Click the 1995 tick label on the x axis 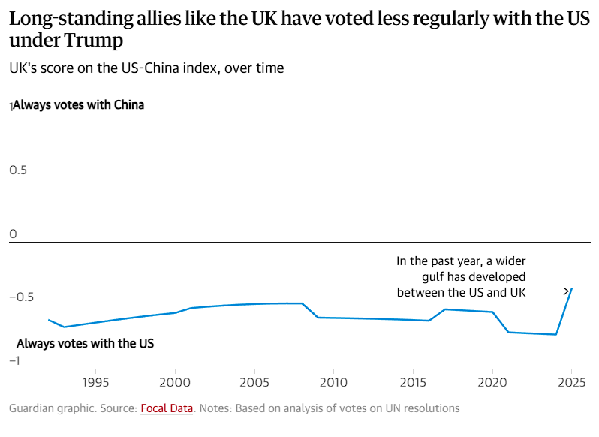pos(95,381)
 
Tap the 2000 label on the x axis pos(175,381)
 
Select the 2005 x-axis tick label pos(254,381)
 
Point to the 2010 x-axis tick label pos(333,381)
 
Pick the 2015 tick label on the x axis pos(413,381)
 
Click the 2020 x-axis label pos(492,381)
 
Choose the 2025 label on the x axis pos(571,381)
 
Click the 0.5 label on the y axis pos(18,170)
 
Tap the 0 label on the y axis pos(13,234)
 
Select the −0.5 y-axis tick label pos(22,297)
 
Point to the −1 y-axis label pos(14,360)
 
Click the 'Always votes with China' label pos(78,105)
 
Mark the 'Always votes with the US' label pos(85,343)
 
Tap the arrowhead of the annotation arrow pos(567,291)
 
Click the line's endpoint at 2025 pos(572,288)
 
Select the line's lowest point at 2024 pos(555,334)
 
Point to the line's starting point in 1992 pos(48,320)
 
